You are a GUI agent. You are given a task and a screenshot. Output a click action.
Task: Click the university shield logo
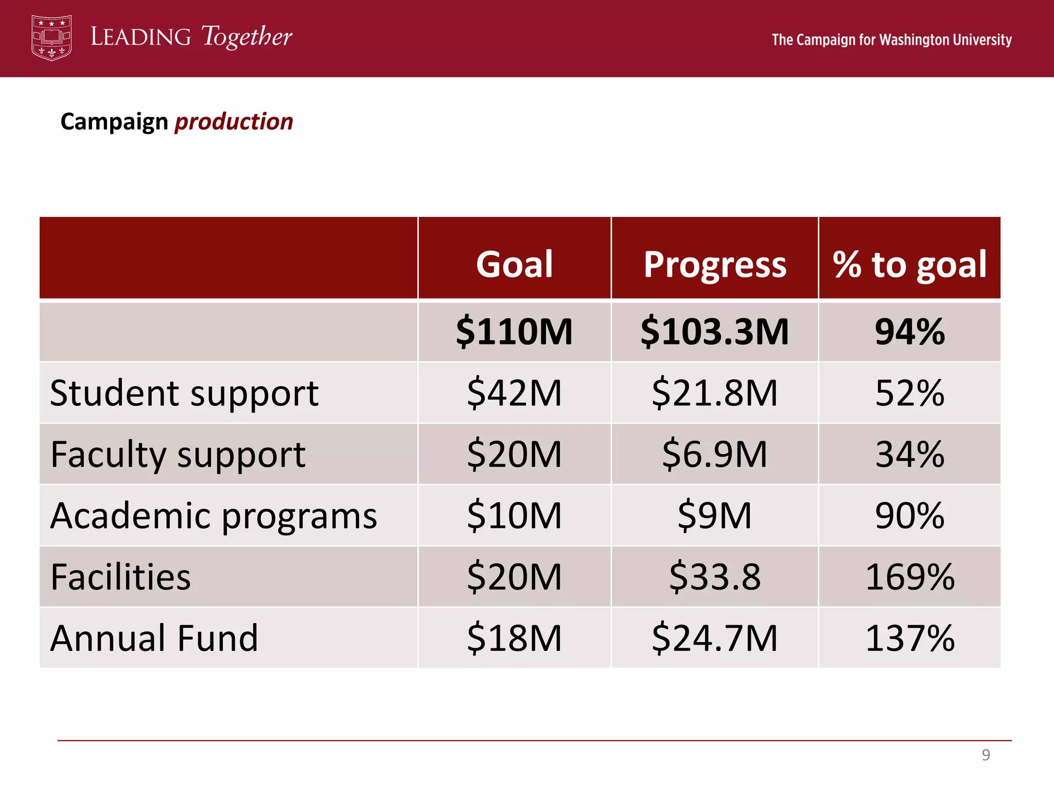[x=51, y=38]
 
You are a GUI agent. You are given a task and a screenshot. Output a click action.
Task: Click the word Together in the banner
[x=247, y=37]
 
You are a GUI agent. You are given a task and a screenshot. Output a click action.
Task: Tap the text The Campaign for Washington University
[x=891, y=40]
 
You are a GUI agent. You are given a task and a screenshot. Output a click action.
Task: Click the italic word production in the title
[x=234, y=122]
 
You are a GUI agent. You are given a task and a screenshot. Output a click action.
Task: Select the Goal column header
[x=514, y=264]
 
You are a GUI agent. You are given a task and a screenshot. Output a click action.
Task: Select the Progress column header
[x=715, y=264]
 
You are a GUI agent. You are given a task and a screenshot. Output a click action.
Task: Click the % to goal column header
[x=909, y=264]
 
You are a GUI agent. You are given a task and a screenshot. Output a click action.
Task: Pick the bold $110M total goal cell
[x=514, y=332]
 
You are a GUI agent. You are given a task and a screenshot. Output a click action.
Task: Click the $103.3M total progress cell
[x=715, y=332]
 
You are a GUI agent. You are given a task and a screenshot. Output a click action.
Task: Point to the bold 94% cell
[x=909, y=332]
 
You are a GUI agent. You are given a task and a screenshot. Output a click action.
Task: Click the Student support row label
[x=184, y=393]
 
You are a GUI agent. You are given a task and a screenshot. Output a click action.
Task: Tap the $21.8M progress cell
[x=715, y=393]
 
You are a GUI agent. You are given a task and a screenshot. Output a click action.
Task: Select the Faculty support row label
[x=178, y=455]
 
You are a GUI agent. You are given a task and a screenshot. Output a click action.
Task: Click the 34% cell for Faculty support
[x=909, y=455]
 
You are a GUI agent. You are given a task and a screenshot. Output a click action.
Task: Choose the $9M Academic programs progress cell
[x=715, y=515]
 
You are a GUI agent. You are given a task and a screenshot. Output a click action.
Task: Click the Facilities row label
[x=120, y=577]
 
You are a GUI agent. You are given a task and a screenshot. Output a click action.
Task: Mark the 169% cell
[x=909, y=577]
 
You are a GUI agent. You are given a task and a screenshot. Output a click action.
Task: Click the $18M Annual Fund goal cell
[x=514, y=638]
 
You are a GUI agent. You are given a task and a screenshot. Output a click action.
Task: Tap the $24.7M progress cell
[x=715, y=638]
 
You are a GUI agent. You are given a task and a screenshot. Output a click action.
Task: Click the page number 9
[x=986, y=755]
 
